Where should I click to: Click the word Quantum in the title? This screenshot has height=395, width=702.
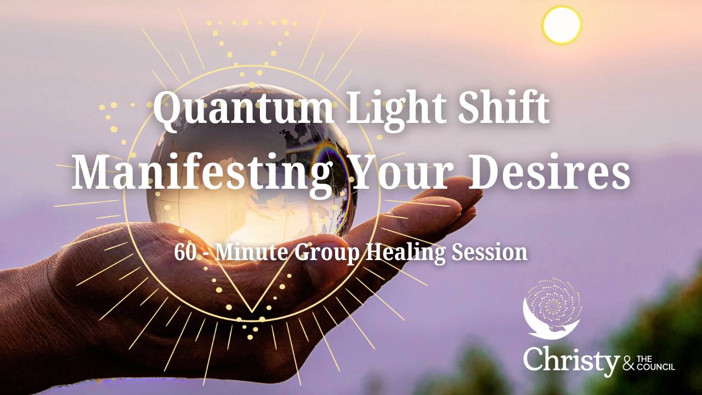[x=243, y=108]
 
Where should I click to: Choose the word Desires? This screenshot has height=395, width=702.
[x=549, y=172]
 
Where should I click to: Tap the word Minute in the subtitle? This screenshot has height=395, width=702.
[x=251, y=252]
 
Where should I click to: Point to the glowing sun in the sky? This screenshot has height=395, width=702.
[x=562, y=25]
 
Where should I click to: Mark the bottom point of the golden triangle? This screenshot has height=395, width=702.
[x=252, y=312]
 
